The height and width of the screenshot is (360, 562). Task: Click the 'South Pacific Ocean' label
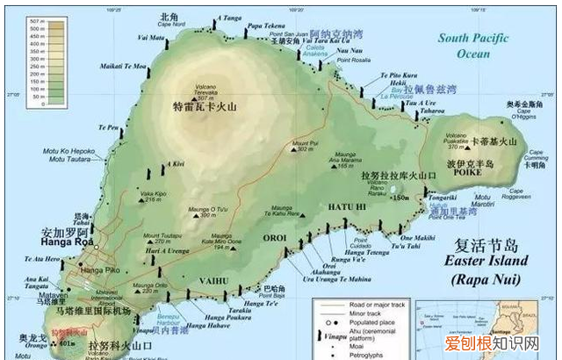pyautogui.click(x=479, y=45)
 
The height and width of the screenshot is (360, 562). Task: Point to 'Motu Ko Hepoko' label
pyautogui.click(x=69, y=149)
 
